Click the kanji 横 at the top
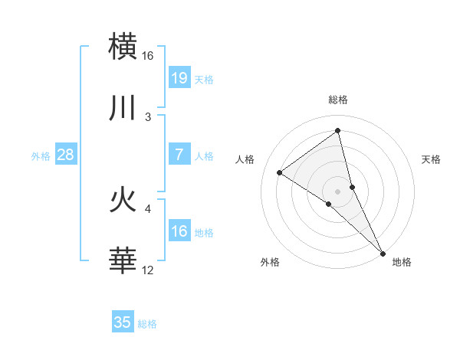pyautogui.click(x=123, y=48)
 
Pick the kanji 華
pyautogui.click(x=123, y=260)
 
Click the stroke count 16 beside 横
pyautogui.click(x=148, y=57)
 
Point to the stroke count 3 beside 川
pyautogui.click(x=148, y=116)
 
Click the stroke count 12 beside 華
pyautogui.click(x=148, y=270)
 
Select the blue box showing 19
pyautogui.click(x=179, y=78)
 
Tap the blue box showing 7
pyautogui.click(x=179, y=155)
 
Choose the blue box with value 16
pyautogui.click(x=179, y=231)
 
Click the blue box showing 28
pyautogui.click(x=66, y=155)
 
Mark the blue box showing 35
pyautogui.click(x=123, y=322)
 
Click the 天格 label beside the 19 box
pyautogui.click(x=204, y=80)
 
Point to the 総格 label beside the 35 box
pyautogui.click(x=147, y=324)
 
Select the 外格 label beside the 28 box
pyautogui.click(x=41, y=156)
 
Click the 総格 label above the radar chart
pyautogui.click(x=338, y=100)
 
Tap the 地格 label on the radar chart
pyautogui.click(x=402, y=262)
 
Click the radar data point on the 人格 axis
pyautogui.click(x=280, y=172)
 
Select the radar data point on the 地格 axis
pyautogui.click(x=382, y=253)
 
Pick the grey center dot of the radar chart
pyautogui.click(x=338, y=191)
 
